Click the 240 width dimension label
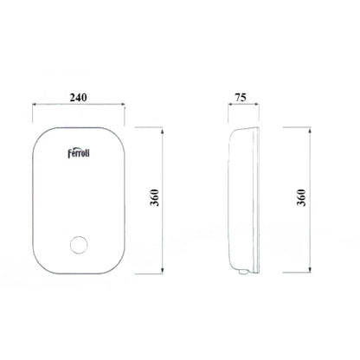tap(78, 98)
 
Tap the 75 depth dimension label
tap(241, 98)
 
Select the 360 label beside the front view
tap(155, 197)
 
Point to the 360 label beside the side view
tap(301, 197)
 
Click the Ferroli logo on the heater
tap(79, 153)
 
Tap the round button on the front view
tap(79, 245)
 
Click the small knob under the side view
tap(243, 271)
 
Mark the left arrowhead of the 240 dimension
tap(35, 105)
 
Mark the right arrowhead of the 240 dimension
tap(122, 105)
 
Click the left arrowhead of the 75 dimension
tap(230, 105)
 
